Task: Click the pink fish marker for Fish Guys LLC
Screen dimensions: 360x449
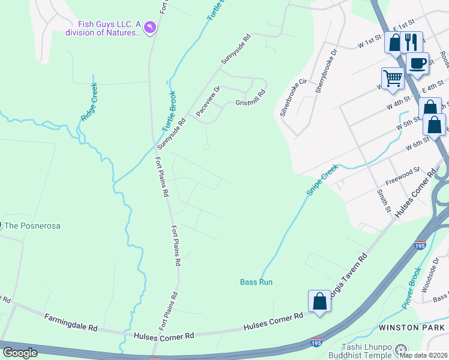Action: (149, 27)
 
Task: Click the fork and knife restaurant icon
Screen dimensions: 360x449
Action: (411, 41)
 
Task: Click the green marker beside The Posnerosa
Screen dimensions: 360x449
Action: (1, 226)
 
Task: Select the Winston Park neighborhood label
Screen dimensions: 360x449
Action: (412, 328)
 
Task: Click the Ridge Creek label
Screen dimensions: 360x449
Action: (89, 103)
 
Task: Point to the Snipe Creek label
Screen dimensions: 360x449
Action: (322, 181)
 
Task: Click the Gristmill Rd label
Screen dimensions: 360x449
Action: (250, 97)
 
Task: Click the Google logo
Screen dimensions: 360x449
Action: (20, 352)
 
